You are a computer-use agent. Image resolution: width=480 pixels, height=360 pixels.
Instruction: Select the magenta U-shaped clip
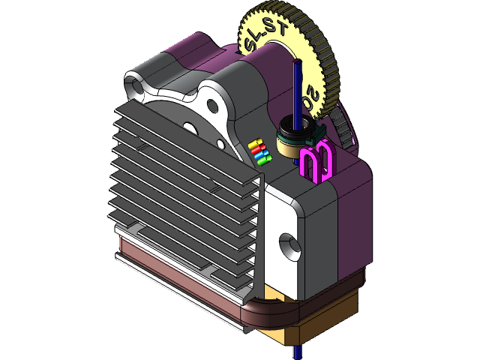[x=317, y=163]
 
